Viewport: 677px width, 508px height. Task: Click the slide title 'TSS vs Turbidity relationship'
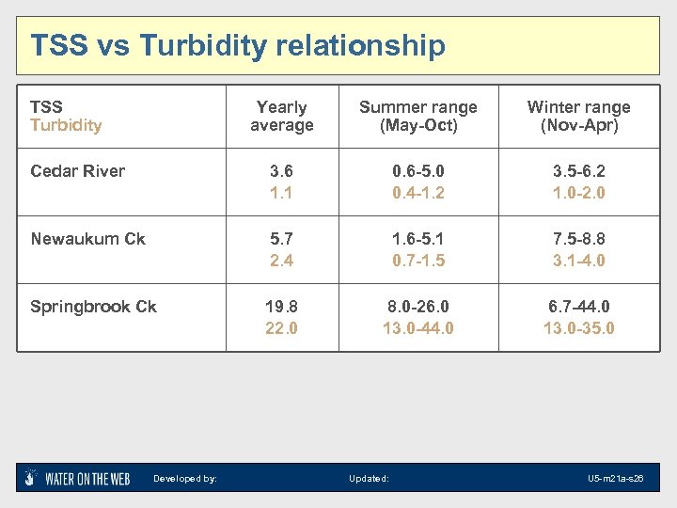coord(238,45)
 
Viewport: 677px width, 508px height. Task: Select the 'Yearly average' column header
coord(281,117)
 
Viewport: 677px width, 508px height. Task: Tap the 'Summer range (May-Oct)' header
coord(418,117)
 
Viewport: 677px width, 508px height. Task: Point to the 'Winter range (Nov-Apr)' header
coord(578,117)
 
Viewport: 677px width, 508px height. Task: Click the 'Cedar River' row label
coord(77,171)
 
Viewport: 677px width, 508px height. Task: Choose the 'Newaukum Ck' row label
coord(87,239)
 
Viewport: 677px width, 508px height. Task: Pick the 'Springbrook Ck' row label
coord(93,307)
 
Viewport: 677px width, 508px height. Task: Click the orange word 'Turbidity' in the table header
coord(66,125)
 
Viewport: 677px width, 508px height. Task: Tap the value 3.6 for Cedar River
coord(281,171)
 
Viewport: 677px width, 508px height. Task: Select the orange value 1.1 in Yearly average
coord(281,193)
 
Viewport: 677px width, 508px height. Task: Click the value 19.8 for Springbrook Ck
coord(281,307)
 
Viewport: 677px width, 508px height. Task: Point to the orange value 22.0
coord(281,328)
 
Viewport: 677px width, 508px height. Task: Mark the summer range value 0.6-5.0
coord(418,171)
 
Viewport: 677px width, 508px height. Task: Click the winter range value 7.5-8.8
coord(578,239)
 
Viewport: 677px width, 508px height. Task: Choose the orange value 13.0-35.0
coord(578,328)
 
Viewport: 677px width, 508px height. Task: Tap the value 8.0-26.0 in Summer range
coord(418,307)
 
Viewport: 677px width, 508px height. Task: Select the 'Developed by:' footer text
coord(185,479)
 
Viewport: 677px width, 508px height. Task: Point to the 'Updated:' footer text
coord(369,479)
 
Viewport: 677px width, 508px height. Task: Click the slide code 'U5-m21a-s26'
coord(615,479)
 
